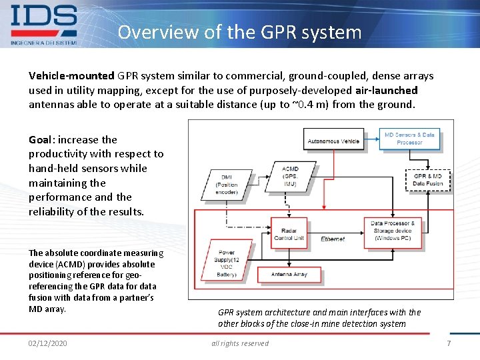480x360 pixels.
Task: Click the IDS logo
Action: [x=44, y=24]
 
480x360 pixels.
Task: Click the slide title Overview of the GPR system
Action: [x=239, y=32]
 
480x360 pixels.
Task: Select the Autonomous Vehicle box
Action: [x=333, y=141]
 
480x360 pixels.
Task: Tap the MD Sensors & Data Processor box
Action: [x=409, y=139]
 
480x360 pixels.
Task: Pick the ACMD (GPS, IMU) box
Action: [x=290, y=176]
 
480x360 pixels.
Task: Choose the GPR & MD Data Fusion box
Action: [x=427, y=179]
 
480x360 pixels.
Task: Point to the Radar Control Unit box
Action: [x=289, y=234]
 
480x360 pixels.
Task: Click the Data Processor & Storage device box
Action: [x=393, y=231]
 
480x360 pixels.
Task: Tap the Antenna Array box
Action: [x=289, y=274]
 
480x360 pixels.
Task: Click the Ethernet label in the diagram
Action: [x=332, y=238]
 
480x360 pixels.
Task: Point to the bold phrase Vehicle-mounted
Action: [x=71, y=76]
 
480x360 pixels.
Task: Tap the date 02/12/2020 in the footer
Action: [x=48, y=343]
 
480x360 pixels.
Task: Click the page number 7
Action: [x=449, y=343]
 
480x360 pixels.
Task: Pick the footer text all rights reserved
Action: [x=240, y=343]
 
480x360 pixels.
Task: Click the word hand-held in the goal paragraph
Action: [x=53, y=169]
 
